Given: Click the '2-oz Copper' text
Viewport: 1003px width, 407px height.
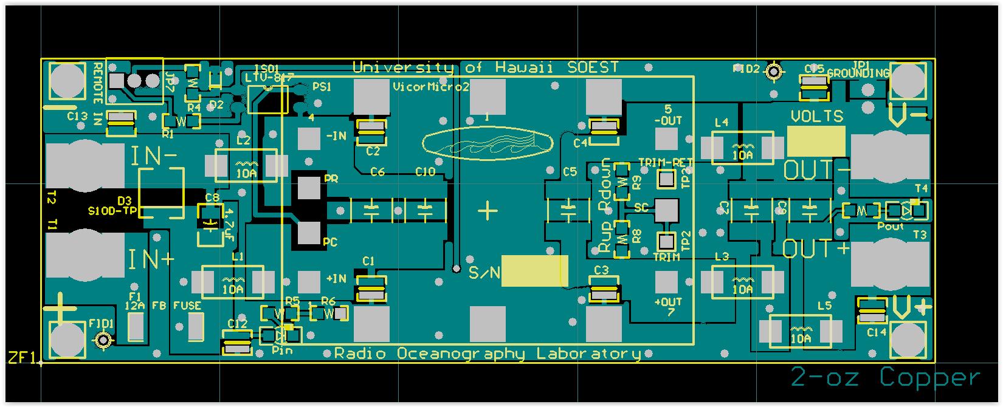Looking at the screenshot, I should click(x=885, y=378).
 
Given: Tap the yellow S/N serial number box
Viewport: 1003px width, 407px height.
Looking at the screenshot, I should click(x=534, y=271).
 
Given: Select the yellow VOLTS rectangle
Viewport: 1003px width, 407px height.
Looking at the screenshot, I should click(x=816, y=141).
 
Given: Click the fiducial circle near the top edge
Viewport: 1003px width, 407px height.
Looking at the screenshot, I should click(x=774, y=72).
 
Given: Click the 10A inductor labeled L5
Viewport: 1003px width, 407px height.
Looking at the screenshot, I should click(x=800, y=332).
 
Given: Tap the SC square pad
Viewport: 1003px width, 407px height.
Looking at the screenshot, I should click(x=666, y=210).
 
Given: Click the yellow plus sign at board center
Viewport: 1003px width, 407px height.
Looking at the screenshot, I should click(x=488, y=211).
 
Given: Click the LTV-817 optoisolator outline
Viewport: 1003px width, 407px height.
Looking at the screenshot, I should click(x=267, y=99).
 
